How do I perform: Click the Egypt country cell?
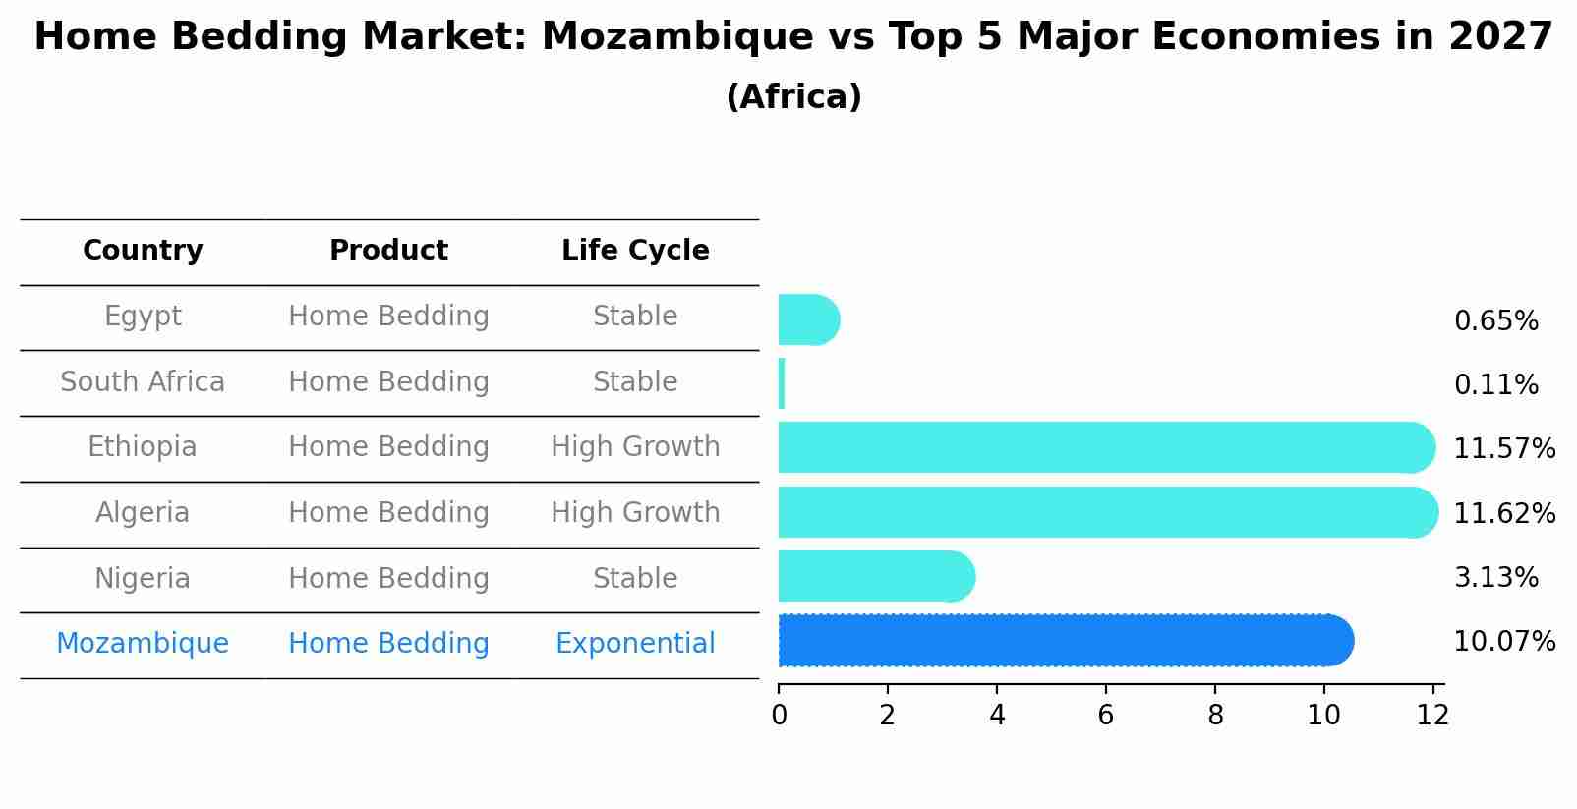tap(143, 317)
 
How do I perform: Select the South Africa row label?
tap(143, 382)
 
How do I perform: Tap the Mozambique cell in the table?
tap(143, 644)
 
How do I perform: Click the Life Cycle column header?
tap(635, 251)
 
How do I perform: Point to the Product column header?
tap(388, 251)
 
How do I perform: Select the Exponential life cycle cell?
tap(635, 644)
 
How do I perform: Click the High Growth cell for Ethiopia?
tap(635, 447)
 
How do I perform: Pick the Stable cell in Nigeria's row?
tap(635, 579)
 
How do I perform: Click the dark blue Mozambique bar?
tap(1062, 641)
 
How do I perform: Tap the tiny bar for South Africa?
tap(782, 383)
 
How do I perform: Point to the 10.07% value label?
tap(1503, 642)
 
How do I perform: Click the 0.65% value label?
tap(1495, 321)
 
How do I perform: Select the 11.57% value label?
tap(1503, 449)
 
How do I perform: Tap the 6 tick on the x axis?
tap(1106, 716)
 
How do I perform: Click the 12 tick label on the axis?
tap(1432, 716)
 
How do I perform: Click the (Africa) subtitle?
tap(793, 97)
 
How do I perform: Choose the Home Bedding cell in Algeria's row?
tap(388, 513)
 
